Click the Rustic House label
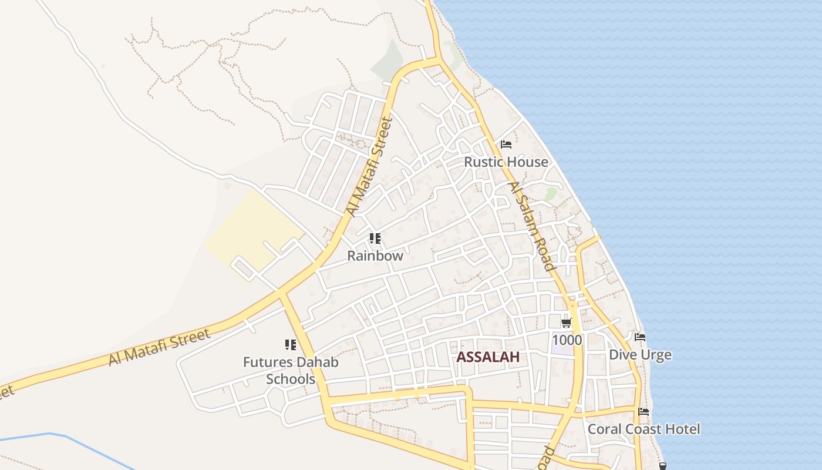(506, 162)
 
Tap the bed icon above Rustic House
(506, 145)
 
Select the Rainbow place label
(375, 256)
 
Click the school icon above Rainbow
(375, 239)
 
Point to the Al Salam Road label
(531, 226)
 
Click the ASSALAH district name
(488, 357)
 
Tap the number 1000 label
(567, 340)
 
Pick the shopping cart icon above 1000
(567, 323)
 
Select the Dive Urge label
(640, 355)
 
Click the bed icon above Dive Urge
(640, 337)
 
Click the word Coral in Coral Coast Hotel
(604, 429)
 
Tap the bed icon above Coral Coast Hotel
(644, 412)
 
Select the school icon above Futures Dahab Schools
(291, 345)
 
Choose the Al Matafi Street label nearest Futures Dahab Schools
(159, 348)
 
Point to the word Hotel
(683, 429)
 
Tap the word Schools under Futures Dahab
(291, 379)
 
